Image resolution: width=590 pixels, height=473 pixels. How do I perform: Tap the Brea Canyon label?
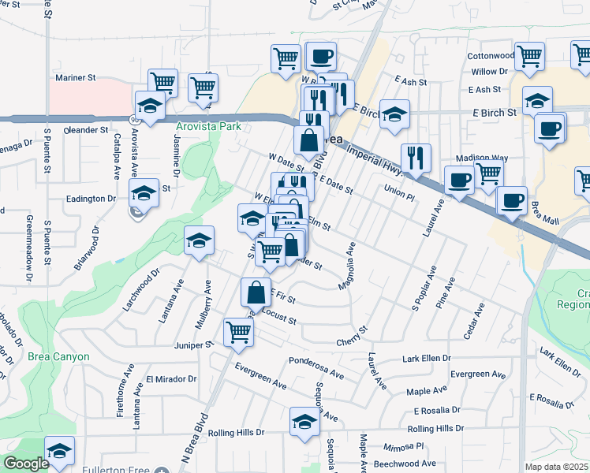click(58, 356)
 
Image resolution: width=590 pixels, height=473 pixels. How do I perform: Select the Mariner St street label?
click(75, 78)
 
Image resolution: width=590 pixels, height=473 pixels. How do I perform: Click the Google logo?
click(26, 464)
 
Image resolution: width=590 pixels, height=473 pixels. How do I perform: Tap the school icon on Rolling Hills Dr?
click(305, 421)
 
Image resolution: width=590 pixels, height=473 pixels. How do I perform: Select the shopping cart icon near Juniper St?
click(238, 331)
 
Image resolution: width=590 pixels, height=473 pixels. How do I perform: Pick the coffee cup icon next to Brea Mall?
click(512, 200)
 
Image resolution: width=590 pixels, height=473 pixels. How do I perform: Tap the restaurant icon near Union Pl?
click(416, 158)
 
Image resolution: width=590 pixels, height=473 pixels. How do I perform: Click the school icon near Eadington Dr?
click(144, 192)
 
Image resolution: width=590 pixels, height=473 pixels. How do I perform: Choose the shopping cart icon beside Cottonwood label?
click(529, 56)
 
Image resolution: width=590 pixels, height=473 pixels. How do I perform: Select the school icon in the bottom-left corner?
click(59, 451)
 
